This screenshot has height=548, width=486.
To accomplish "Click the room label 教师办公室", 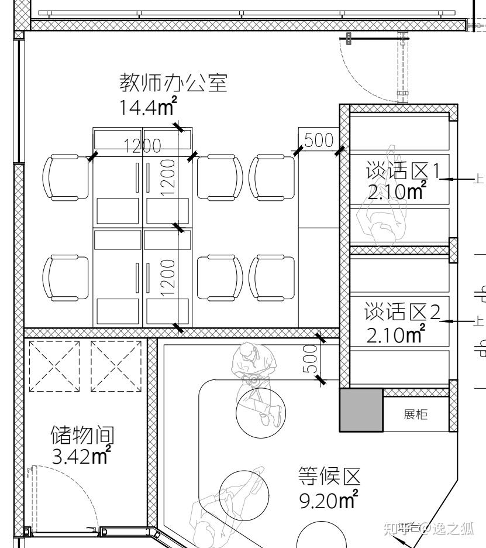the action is pyautogui.click(x=173, y=83).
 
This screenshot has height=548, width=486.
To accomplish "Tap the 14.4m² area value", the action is pyautogui.click(x=148, y=106).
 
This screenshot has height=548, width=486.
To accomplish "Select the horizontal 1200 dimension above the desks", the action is pyautogui.click(x=143, y=145).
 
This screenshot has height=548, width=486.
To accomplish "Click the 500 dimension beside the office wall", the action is pyautogui.click(x=319, y=140).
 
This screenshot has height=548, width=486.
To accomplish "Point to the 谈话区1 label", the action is pyautogui.click(x=402, y=171).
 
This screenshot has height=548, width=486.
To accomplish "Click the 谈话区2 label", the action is pyautogui.click(x=402, y=311).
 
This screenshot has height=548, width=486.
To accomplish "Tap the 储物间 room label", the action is pyautogui.click(x=82, y=435).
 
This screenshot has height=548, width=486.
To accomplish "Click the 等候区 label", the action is pyautogui.click(x=329, y=476).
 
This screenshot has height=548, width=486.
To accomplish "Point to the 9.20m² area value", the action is pyautogui.click(x=329, y=500).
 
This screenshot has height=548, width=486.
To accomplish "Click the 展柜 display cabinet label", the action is pyautogui.click(x=415, y=415).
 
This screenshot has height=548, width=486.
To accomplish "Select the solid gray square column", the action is pyautogui.click(x=361, y=410).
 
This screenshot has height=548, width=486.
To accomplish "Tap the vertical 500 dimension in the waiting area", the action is pyautogui.click(x=310, y=359).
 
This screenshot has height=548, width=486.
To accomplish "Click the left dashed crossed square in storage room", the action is pyautogui.click(x=54, y=367).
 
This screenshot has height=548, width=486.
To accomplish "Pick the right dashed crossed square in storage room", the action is pyautogui.click(x=116, y=367).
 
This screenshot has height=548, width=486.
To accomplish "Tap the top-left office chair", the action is pyautogui.click(x=66, y=177).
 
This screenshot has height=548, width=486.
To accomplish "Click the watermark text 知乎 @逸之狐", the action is pyautogui.click(x=429, y=529).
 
